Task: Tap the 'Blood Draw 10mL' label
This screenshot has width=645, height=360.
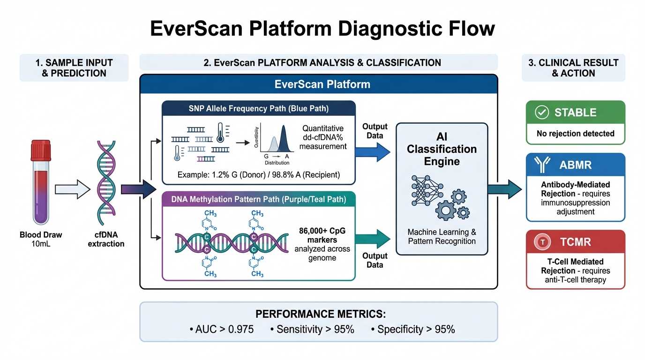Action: coord(41,239)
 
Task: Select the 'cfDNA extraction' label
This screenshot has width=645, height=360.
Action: coord(106,239)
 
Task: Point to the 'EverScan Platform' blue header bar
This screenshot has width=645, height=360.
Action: coord(319,84)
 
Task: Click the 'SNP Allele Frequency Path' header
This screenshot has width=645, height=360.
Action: coord(259,109)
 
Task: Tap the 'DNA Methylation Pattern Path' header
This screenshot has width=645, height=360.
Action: coord(259,200)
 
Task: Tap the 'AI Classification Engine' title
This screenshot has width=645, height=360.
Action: coord(442,149)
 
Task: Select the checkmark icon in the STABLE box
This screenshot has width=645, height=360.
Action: coord(542,112)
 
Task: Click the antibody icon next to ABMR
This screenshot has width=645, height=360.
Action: coord(542,165)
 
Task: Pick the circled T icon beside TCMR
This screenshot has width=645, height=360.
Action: coord(542,242)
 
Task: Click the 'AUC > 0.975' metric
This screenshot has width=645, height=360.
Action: coord(222,330)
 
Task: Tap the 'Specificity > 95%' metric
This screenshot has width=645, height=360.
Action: coord(412,330)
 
